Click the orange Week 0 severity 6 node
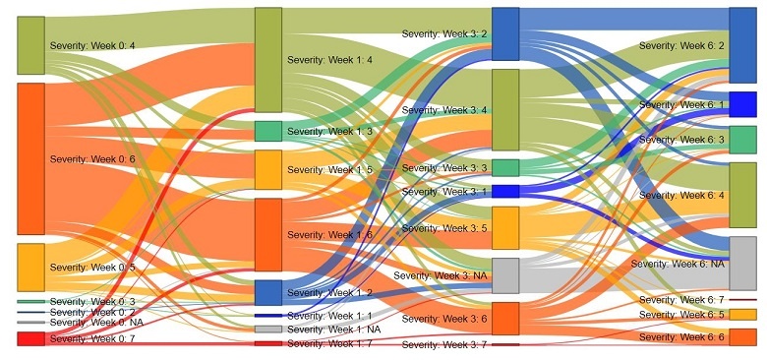click(x=30, y=158)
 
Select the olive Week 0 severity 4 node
click(x=30, y=45)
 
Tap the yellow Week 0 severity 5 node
click(x=30, y=268)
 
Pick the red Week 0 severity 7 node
click(x=30, y=339)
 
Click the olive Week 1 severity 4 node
click(x=267, y=60)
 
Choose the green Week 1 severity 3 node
click(x=267, y=131)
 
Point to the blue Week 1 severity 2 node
click(x=267, y=293)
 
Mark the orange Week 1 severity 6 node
click(x=267, y=234)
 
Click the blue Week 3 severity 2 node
click(x=504, y=33)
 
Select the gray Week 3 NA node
click(x=504, y=275)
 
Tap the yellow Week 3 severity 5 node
click(x=504, y=227)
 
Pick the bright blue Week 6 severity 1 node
click(x=742, y=104)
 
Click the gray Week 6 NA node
click(x=742, y=263)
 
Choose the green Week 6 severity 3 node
click(x=742, y=140)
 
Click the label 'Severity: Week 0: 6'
click(x=92, y=158)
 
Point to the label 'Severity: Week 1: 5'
click(x=329, y=170)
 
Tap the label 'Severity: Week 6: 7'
click(x=680, y=299)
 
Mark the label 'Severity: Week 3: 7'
click(x=444, y=345)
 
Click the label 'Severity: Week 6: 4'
click(x=680, y=196)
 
